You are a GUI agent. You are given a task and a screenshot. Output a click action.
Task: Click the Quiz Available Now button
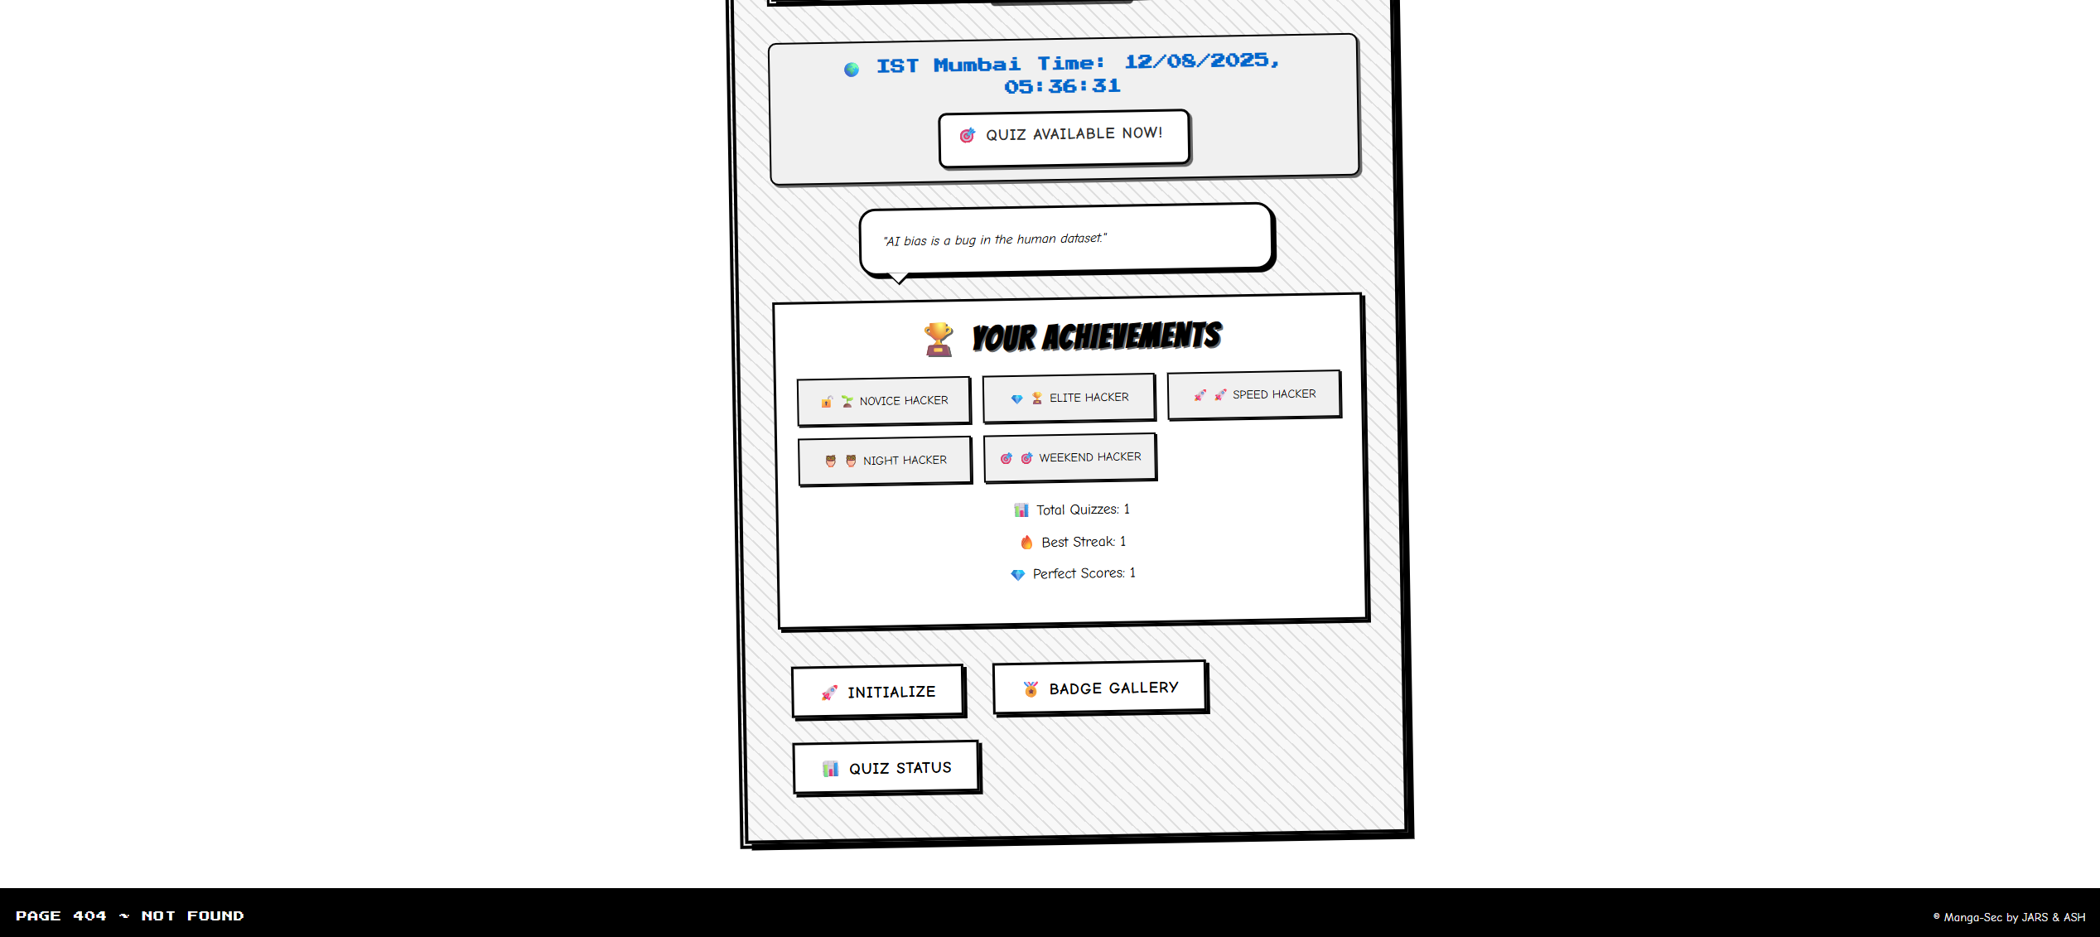(x=1064, y=137)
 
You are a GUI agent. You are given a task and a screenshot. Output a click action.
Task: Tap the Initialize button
(x=878, y=691)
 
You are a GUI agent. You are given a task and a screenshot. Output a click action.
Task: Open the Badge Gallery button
(x=1099, y=687)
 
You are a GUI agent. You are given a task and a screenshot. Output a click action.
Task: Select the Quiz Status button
(x=886, y=767)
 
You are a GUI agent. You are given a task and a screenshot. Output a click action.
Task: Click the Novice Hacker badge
(x=883, y=401)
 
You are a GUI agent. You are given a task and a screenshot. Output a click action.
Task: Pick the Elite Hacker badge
(x=1069, y=398)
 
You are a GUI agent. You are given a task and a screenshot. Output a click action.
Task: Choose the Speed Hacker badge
(x=1253, y=394)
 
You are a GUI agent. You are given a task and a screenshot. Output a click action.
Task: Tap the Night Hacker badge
(x=885, y=461)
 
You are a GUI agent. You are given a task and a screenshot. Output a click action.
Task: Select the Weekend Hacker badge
(x=1069, y=457)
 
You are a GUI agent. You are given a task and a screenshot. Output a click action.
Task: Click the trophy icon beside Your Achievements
(x=939, y=339)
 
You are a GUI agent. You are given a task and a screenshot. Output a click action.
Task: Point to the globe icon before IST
(x=852, y=70)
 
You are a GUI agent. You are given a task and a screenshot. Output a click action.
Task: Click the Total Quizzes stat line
(x=1072, y=510)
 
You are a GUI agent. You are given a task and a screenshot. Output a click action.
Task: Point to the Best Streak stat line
(x=1073, y=542)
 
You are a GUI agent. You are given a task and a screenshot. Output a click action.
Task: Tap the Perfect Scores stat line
(x=1074, y=573)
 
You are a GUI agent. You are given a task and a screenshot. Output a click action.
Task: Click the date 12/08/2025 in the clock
(x=1200, y=61)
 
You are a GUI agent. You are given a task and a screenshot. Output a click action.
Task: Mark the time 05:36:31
(x=1062, y=86)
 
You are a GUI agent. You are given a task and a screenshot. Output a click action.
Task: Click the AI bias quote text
(x=994, y=239)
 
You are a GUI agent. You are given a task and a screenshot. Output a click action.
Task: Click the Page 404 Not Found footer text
(x=129, y=915)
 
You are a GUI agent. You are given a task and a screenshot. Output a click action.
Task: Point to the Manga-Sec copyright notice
(x=2009, y=917)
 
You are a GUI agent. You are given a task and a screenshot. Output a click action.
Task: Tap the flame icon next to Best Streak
(x=1026, y=543)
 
